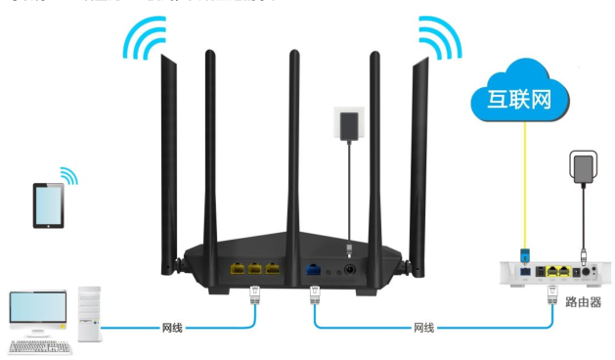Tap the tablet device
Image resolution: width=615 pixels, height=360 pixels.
[49, 206]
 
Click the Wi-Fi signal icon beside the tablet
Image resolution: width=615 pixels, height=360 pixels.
[68, 175]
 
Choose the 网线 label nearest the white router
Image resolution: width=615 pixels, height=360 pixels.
[423, 328]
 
